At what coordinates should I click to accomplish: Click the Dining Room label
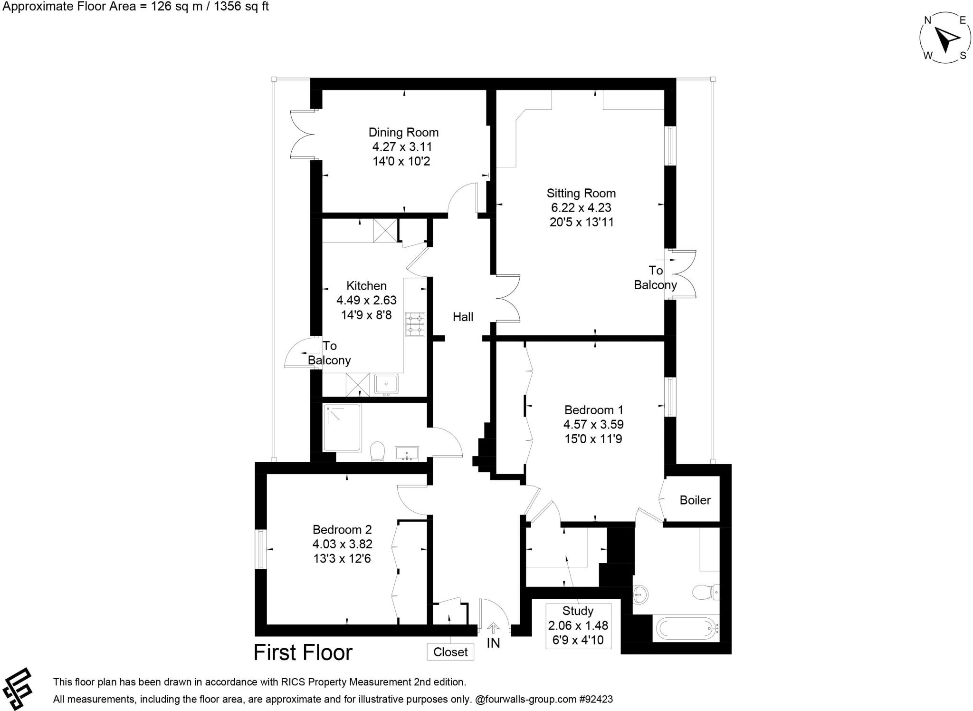point(403,132)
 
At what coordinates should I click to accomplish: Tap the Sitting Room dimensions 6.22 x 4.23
point(581,208)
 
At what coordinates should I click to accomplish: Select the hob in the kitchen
point(414,324)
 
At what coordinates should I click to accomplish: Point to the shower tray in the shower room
point(342,428)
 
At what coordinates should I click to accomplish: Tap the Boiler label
point(695,500)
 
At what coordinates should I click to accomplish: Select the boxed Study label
point(578,611)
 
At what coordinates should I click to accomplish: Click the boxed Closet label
point(450,652)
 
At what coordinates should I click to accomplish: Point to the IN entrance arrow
point(494,629)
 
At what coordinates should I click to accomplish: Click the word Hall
point(463,317)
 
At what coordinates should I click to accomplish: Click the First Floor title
point(303,653)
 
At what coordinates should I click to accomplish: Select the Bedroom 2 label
point(342,529)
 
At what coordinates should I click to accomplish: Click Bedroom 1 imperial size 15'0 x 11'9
point(593,439)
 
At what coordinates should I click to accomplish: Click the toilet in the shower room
point(377,450)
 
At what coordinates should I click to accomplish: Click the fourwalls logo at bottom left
point(17,689)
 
